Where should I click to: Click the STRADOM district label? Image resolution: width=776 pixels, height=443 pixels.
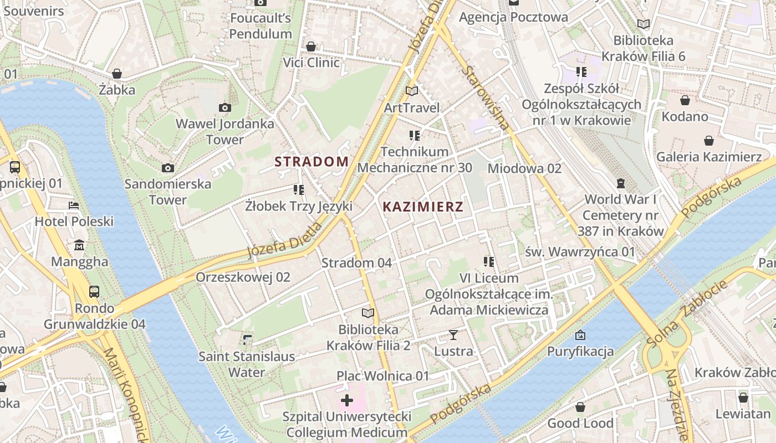pyautogui.click(x=312, y=162)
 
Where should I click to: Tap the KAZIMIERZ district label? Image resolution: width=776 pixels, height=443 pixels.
pyautogui.click(x=423, y=207)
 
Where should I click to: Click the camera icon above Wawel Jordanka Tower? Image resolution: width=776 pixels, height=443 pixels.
pyautogui.click(x=224, y=107)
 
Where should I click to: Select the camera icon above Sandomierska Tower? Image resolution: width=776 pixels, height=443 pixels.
pyautogui.click(x=167, y=168)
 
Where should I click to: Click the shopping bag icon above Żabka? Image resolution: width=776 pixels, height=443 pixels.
pyautogui.click(x=117, y=74)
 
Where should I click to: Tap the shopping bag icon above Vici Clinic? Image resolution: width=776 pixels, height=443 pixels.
pyautogui.click(x=311, y=47)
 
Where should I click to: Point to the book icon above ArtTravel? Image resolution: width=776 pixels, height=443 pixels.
pyautogui.click(x=411, y=91)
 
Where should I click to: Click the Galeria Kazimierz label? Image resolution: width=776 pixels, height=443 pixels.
pyautogui.click(x=709, y=157)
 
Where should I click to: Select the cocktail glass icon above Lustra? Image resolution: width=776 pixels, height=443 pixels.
pyautogui.click(x=453, y=334)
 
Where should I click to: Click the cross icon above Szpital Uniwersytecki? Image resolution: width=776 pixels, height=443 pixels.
pyautogui.click(x=347, y=400)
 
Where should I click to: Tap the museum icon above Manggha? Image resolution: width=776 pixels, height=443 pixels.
pyautogui.click(x=79, y=245)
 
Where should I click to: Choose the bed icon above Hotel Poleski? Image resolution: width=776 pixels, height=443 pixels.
pyautogui.click(x=74, y=205)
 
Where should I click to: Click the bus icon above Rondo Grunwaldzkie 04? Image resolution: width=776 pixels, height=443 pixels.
pyautogui.click(x=94, y=291)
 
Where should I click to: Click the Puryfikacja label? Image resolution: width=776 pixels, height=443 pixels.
pyautogui.click(x=580, y=351)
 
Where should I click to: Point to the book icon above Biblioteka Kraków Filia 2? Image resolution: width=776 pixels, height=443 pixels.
pyautogui.click(x=368, y=313)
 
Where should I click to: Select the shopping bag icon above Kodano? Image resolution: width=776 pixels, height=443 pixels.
pyautogui.click(x=685, y=100)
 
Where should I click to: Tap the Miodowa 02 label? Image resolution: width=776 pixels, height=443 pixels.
pyautogui.click(x=524, y=168)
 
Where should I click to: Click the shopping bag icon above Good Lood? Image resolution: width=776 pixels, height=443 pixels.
pyautogui.click(x=580, y=408)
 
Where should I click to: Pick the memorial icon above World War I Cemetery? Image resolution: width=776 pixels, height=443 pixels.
pyautogui.click(x=620, y=183)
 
